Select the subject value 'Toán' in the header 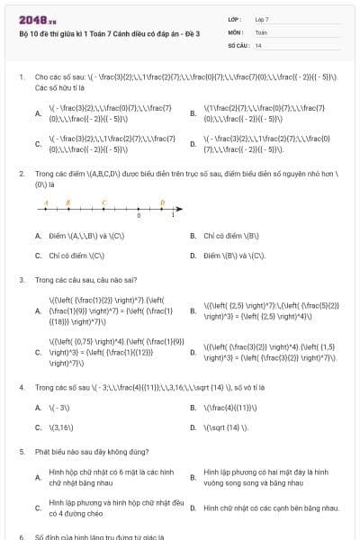(261, 31)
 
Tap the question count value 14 (259, 44)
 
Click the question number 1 (21, 77)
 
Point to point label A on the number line (45, 202)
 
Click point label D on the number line (161, 202)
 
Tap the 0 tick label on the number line (139, 217)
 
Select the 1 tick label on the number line (173, 217)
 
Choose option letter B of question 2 (193, 236)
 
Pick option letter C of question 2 (38, 256)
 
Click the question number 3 (21, 280)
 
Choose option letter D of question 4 (193, 427)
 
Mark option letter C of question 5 (38, 508)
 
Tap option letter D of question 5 (193, 508)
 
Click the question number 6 (21, 535)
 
